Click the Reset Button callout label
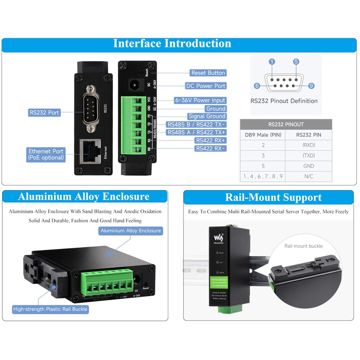click(208, 73)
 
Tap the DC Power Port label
click(205, 86)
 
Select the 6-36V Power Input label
click(200, 100)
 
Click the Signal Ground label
click(207, 117)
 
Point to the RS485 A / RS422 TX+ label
click(196, 132)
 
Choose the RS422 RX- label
click(210, 148)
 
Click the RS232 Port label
click(45, 112)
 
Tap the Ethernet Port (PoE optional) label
click(46, 154)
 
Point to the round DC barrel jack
click(134, 84)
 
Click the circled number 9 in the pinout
click(311, 85)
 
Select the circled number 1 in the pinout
click(272, 62)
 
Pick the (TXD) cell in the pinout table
click(309, 155)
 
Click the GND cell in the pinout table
click(309, 166)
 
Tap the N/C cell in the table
click(309, 176)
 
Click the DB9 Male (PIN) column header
click(263, 134)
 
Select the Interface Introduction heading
click(172, 44)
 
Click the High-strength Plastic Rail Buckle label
click(50, 309)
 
